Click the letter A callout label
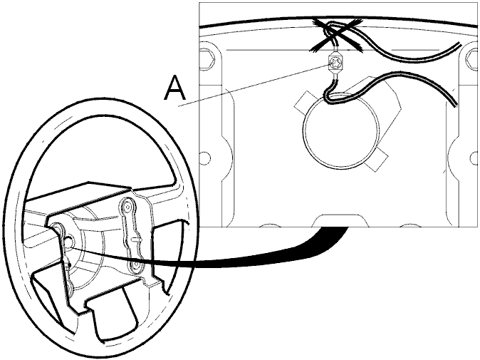174,88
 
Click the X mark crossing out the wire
336,35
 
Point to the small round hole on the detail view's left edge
205,158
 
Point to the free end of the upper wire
459,44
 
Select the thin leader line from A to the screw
255,85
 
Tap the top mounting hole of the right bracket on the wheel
127,205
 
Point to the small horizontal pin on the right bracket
136,239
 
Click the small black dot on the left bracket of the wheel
70,264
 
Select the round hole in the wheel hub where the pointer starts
69,242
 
